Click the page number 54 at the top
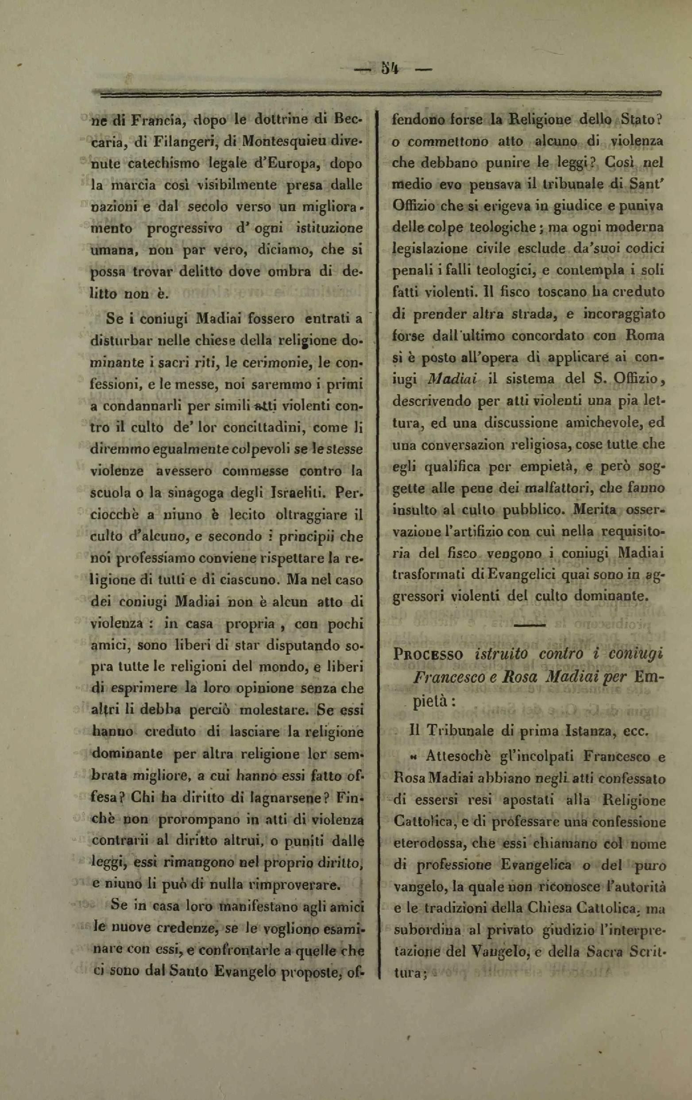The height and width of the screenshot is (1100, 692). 389,69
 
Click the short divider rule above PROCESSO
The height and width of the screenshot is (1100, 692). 528,625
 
